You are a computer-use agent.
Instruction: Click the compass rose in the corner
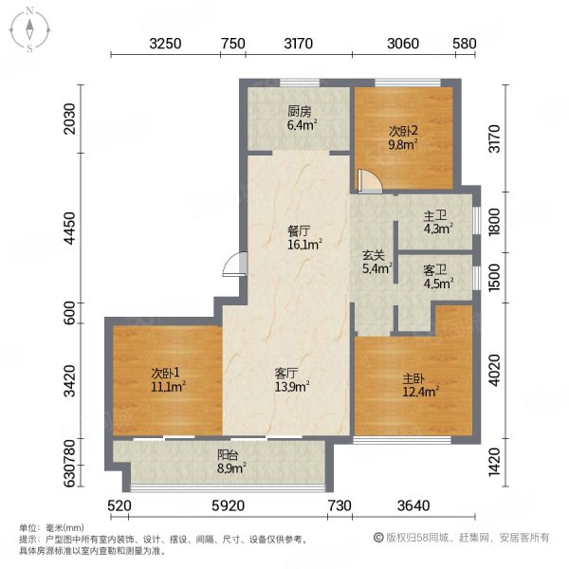(x=29, y=30)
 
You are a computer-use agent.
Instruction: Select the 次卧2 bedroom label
(x=403, y=138)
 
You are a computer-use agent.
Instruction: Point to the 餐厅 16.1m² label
(x=304, y=238)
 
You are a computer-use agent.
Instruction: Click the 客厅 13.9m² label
(x=292, y=380)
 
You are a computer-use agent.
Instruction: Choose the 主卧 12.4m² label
(x=420, y=385)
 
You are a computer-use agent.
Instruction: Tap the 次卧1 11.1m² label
(x=168, y=379)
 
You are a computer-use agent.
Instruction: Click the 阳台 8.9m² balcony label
(x=231, y=461)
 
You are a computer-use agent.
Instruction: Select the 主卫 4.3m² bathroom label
(x=437, y=223)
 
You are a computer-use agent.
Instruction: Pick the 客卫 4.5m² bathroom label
(x=438, y=277)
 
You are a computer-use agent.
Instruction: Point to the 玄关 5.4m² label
(x=377, y=262)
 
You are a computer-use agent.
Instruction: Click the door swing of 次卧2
(x=370, y=181)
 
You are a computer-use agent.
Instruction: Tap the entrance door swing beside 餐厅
(x=235, y=265)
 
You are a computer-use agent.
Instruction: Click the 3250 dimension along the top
(x=165, y=44)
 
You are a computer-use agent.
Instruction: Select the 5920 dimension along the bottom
(x=229, y=505)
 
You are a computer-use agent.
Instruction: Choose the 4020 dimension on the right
(x=494, y=370)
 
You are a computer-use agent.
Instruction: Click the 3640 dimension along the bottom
(x=413, y=505)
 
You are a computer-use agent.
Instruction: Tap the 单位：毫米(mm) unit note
(x=51, y=527)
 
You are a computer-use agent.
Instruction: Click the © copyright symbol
(x=378, y=538)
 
